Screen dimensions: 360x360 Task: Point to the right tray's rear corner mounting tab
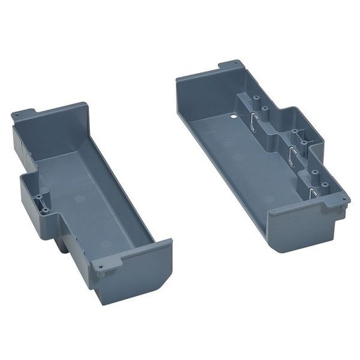tap(229, 65)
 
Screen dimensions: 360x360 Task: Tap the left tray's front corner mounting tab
tap(103, 266)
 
